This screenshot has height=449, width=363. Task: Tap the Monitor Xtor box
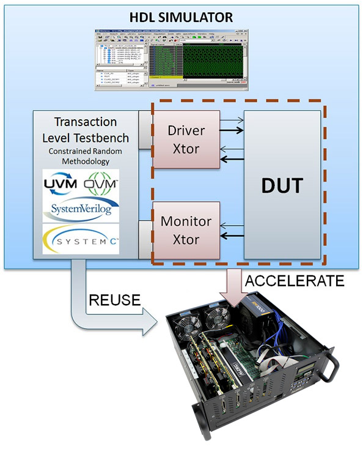point(186,229)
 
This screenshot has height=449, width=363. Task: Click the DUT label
point(282,185)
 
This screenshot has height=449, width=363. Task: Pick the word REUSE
point(116,300)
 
